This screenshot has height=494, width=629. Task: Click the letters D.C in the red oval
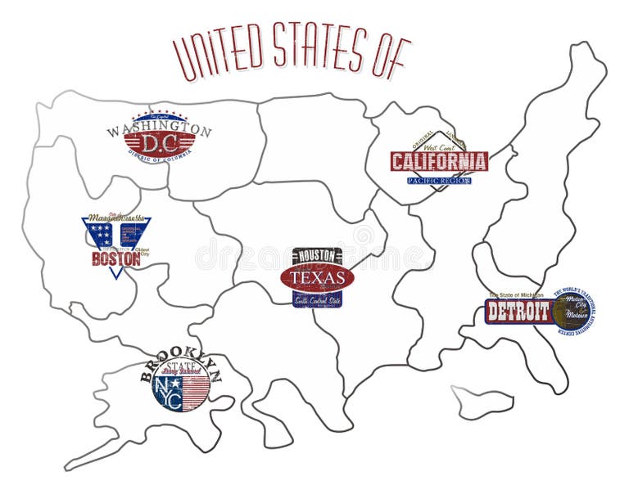[159, 143]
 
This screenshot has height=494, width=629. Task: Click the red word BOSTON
[115, 259]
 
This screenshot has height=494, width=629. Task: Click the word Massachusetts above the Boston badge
[116, 218]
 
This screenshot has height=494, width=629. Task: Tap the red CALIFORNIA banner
[439, 161]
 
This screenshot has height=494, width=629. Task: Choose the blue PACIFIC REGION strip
[439, 179]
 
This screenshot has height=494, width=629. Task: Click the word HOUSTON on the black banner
[316, 256]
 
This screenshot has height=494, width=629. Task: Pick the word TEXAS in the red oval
[317, 278]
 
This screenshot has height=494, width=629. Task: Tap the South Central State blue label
[317, 300]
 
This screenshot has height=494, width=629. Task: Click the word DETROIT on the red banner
[518, 312]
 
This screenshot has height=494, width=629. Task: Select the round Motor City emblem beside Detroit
[570, 312]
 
